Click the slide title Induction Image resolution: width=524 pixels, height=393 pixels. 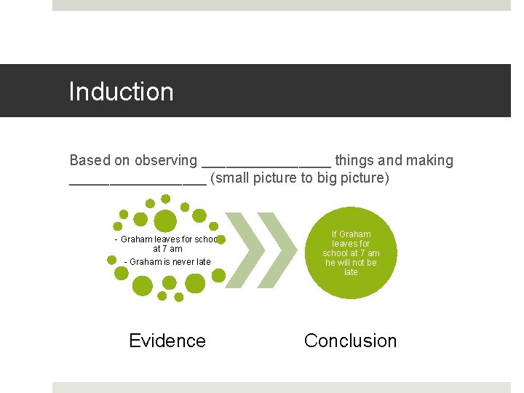(x=121, y=92)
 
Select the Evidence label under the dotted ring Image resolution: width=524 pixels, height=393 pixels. (x=167, y=341)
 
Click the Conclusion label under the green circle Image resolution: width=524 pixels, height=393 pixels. (x=350, y=341)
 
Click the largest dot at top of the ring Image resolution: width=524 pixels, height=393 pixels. (x=166, y=220)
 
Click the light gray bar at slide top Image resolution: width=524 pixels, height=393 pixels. (x=282, y=5)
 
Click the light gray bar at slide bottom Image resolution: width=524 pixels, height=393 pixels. (x=282, y=387)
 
